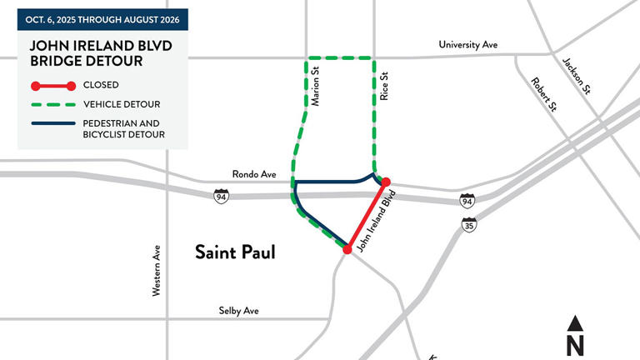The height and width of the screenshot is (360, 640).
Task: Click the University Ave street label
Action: (467, 44)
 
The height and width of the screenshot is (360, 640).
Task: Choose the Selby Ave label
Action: (238, 310)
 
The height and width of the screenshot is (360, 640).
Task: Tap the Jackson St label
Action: (575, 75)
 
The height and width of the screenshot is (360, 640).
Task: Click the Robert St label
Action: (543, 93)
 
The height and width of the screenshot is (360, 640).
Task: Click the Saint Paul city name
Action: (234, 251)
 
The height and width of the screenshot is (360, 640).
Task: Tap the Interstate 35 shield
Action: (470, 225)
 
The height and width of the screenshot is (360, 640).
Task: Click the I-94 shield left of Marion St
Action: (221, 197)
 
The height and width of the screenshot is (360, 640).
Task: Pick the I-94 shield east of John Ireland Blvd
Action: (468, 201)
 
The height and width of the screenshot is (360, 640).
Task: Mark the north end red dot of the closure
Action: (385, 181)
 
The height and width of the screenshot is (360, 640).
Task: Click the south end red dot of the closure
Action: (347, 248)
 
